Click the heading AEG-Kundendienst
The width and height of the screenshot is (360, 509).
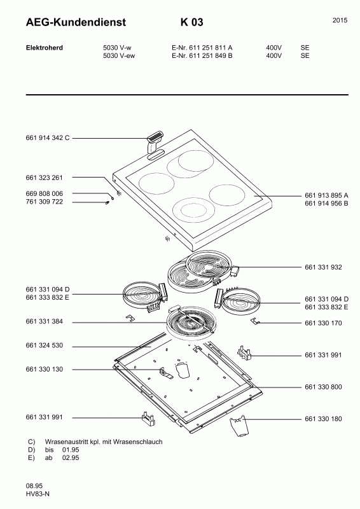click(x=76, y=22)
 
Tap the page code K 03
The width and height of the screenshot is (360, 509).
click(x=192, y=22)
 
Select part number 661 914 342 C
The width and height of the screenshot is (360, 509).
click(x=48, y=137)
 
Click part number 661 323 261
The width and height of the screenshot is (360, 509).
click(x=44, y=178)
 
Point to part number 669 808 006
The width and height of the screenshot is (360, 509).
click(x=44, y=193)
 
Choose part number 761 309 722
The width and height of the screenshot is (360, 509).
click(x=44, y=202)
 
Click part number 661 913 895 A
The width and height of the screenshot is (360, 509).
click(x=326, y=195)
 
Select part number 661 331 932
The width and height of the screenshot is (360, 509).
click(x=323, y=267)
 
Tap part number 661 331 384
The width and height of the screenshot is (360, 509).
click(x=44, y=321)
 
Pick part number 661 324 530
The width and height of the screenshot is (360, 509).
click(x=44, y=345)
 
